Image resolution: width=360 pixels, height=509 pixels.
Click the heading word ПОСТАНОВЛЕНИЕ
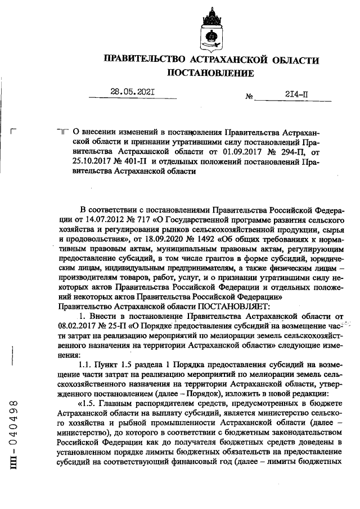tap(211, 74)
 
